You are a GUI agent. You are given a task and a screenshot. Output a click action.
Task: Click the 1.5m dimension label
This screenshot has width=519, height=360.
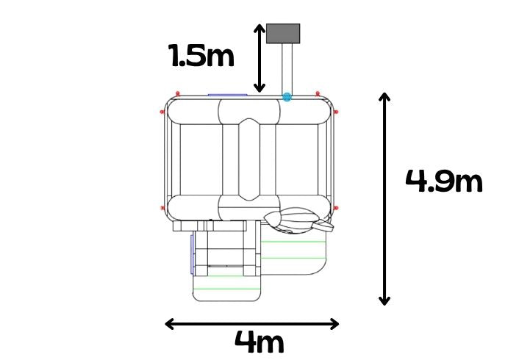click(x=201, y=56)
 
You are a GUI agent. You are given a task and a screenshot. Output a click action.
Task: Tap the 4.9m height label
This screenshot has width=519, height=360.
click(x=444, y=181)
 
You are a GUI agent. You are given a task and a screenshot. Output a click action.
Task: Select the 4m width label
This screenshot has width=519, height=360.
click(x=259, y=342)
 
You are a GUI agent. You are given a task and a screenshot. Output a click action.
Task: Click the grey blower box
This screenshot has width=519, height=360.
click(x=283, y=33)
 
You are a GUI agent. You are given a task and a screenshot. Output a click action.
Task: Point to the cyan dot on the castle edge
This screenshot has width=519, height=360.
click(x=287, y=97)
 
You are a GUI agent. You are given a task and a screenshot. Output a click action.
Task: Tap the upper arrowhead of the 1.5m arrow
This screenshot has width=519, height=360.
click(x=259, y=28)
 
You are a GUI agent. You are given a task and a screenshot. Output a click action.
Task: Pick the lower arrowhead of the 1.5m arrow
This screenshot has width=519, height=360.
click(x=259, y=88)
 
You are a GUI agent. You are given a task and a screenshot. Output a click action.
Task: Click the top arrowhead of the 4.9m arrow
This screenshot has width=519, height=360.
click(x=384, y=97)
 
